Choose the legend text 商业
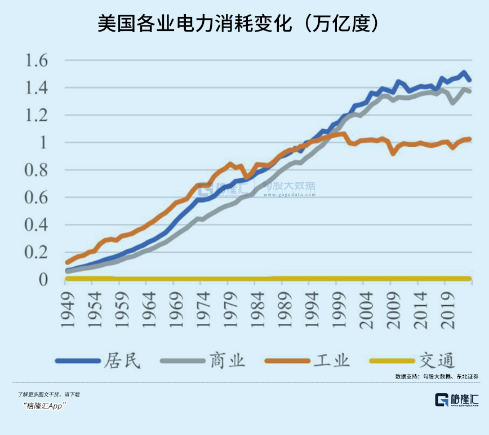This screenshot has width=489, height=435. pos(227,360)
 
